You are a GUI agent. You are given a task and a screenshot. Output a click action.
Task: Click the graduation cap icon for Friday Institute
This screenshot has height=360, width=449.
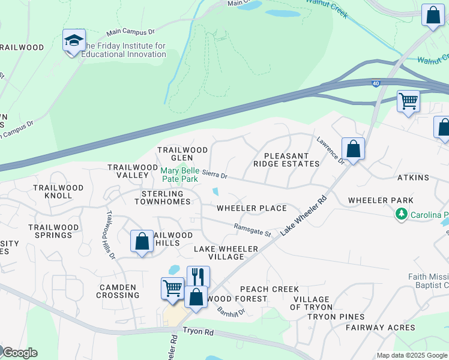[x=74, y=41]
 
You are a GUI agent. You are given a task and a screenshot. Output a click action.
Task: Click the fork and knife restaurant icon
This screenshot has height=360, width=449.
[x=198, y=277]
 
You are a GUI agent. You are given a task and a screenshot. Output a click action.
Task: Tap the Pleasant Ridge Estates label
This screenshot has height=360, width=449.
[x=281, y=160]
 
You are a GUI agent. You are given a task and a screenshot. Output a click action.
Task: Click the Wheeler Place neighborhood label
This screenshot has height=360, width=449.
[x=252, y=208]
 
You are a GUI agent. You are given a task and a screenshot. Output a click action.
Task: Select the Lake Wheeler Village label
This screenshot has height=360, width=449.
[x=226, y=253]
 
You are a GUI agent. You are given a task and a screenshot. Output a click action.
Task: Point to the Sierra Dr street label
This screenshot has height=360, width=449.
[x=214, y=176]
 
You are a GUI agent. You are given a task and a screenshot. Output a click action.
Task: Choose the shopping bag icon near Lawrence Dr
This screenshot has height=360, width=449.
[x=353, y=148]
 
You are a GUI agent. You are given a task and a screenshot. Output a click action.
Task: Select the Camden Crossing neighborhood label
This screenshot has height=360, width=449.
[x=118, y=291]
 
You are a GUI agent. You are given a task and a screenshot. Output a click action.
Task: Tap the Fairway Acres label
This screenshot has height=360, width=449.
[x=380, y=328]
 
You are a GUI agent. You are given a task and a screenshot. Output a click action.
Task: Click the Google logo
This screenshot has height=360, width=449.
[x=20, y=353]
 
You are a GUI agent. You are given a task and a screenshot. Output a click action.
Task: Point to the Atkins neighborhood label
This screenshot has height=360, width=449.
[x=413, y=178]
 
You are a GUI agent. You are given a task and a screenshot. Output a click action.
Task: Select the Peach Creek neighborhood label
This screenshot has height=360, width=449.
[x=269, y=289]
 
